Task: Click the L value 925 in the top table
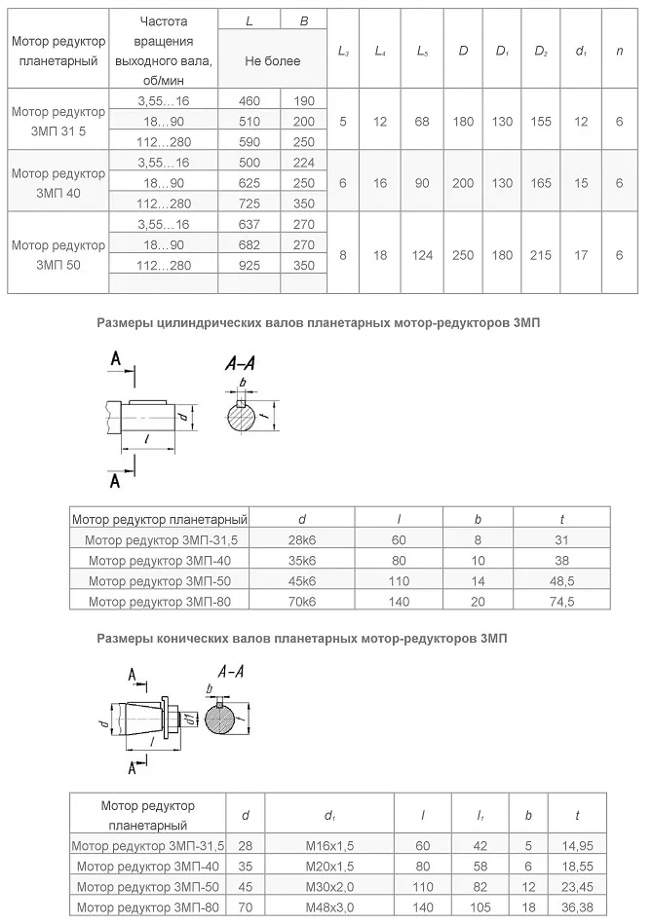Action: pyautogui.click(x=249, y=264)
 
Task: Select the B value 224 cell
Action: pyautogui.click(x=303, y=162)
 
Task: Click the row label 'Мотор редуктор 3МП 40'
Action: pyautogui.click(x=58, y=182)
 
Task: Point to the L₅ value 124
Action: pyautogui.click(x=422, y=254)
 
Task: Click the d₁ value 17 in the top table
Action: pyautogui.click(x=582, y=254)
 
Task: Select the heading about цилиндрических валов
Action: pyautogui.click(x=318, y=322)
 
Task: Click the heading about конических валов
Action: pyautogui.click(x=301, y=639)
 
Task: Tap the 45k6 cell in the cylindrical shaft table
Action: pyautogui.click(x=302, y=581)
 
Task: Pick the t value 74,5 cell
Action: pyautogui.click(x=562, y=602)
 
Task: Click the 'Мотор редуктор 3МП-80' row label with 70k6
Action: pyautogui.click(x=159, y=602)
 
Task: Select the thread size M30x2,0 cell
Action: pyautogui.click(x=329, y=886)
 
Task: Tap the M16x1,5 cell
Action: pyautogui.click(x=329, y=845)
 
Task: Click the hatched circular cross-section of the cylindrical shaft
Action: pyautogui.click(x=243, y=419)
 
